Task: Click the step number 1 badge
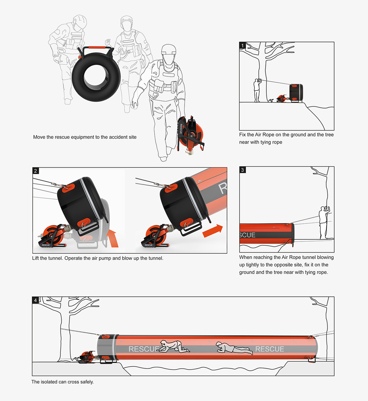tap(242, 45)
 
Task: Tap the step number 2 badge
tap(35, 171)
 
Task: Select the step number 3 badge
tap(242, 170)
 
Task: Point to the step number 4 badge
tap(35, 300)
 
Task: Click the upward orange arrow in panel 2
tap(113, 238)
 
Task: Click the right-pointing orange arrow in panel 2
tap(213, 231)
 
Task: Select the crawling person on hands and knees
tap(174, 346)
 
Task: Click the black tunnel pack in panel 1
tap(296, 92)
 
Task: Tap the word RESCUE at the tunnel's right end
tap(269, 349)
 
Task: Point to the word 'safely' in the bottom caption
tap(87, 382)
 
